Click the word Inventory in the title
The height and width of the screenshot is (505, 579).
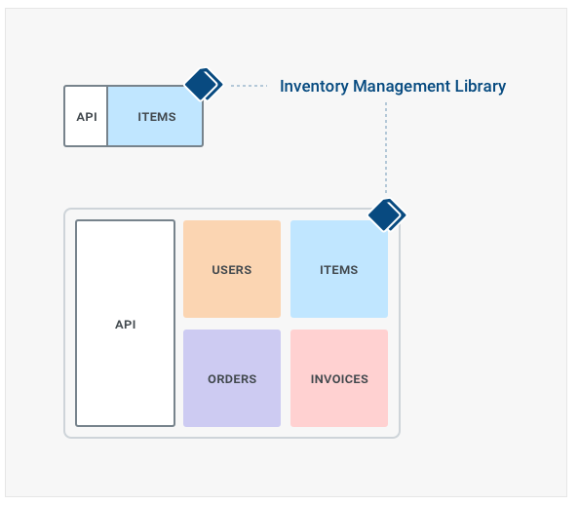point(314,87)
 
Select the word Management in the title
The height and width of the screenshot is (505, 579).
point(402,87)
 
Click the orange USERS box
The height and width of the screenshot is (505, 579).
point(232,269)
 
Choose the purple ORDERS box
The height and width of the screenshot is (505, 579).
point(232,378)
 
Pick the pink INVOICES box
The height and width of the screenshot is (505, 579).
point(339,378)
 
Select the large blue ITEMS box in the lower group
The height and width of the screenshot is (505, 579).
point(339,269)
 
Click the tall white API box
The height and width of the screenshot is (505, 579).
point(125,324)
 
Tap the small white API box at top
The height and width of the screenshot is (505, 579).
point(86,116)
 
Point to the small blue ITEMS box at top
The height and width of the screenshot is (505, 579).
point(155,116)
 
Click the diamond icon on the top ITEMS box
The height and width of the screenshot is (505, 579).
point(204,84)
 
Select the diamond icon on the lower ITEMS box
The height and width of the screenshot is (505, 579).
point(387,215)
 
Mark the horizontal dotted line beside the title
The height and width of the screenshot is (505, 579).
point(249,86)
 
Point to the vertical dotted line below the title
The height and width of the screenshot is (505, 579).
point(386,148)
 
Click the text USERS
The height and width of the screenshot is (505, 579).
point(232,270)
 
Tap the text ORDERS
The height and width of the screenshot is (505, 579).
point(232,379)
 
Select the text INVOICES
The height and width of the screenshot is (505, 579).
point(339,379)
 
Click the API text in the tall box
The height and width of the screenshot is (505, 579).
point(126,325)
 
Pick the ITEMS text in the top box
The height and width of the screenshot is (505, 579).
point(157,117)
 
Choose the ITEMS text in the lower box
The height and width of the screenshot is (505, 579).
point(339,270)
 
